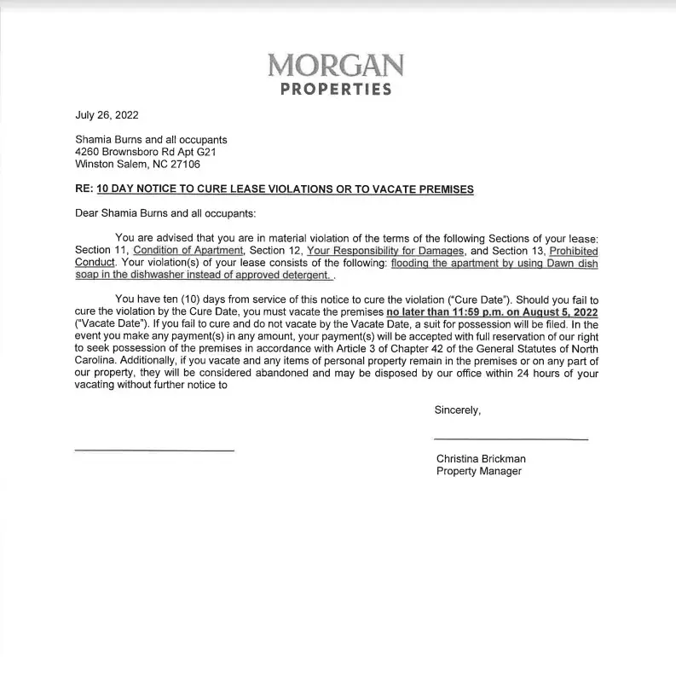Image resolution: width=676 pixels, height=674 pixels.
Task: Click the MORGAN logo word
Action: click(336, 66)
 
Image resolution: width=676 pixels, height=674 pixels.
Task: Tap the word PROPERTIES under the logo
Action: click(336, 90)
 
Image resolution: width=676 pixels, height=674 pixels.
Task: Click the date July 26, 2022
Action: click(107, 116)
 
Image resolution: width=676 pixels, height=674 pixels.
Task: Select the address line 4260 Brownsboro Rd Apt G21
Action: click(141, 152)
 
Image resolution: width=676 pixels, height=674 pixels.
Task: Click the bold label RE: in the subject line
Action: click(84, 189)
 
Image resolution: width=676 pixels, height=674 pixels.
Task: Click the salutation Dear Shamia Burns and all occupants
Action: click(165, 213)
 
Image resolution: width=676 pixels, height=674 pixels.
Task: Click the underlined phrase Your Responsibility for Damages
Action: click(385, 251)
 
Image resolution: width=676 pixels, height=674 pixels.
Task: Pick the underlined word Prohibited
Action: click(574, 251)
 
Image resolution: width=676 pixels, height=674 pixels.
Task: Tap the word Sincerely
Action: click(458, 410)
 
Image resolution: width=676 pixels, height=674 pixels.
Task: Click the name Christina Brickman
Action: click(481, 459)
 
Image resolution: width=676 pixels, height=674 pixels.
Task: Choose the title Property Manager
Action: click(479, 471)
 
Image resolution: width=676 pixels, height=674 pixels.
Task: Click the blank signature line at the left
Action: click(154, 450)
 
